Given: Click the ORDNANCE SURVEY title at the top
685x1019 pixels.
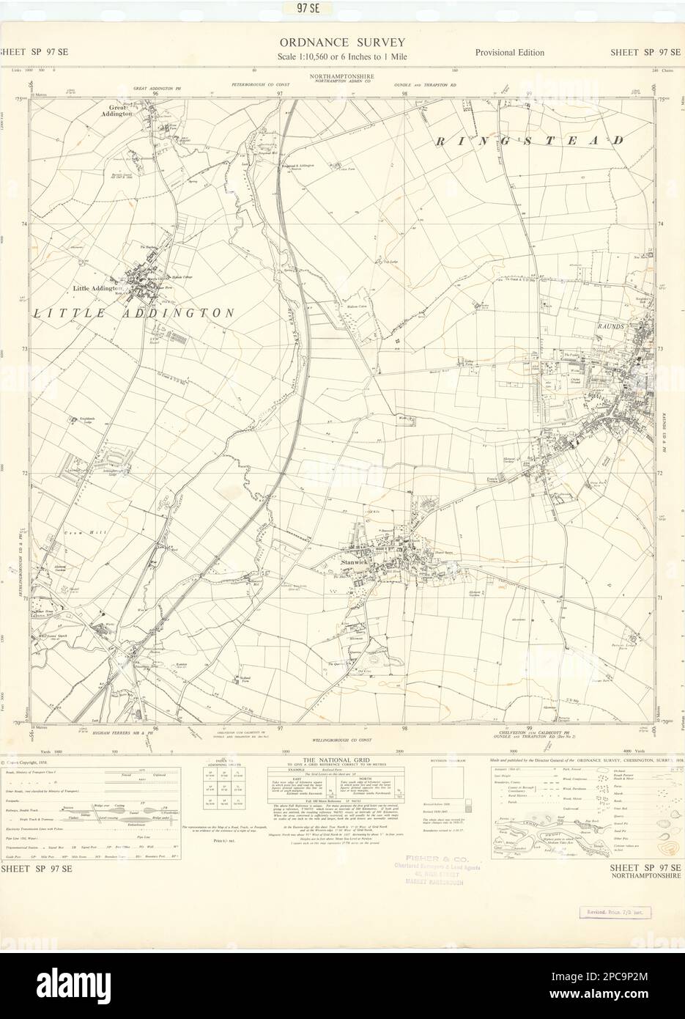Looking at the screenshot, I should click(342, 43).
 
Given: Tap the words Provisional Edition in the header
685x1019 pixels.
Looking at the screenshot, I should click(509, 53).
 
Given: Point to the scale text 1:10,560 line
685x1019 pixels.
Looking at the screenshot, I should click(342, 57).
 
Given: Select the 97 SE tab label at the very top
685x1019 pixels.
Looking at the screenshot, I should click(342, 8).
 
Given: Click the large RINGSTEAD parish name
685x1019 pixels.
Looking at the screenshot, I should click(532, 140).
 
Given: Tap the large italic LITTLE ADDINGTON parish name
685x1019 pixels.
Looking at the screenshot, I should click(134, 313).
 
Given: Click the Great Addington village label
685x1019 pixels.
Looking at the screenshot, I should click(117, 111).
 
